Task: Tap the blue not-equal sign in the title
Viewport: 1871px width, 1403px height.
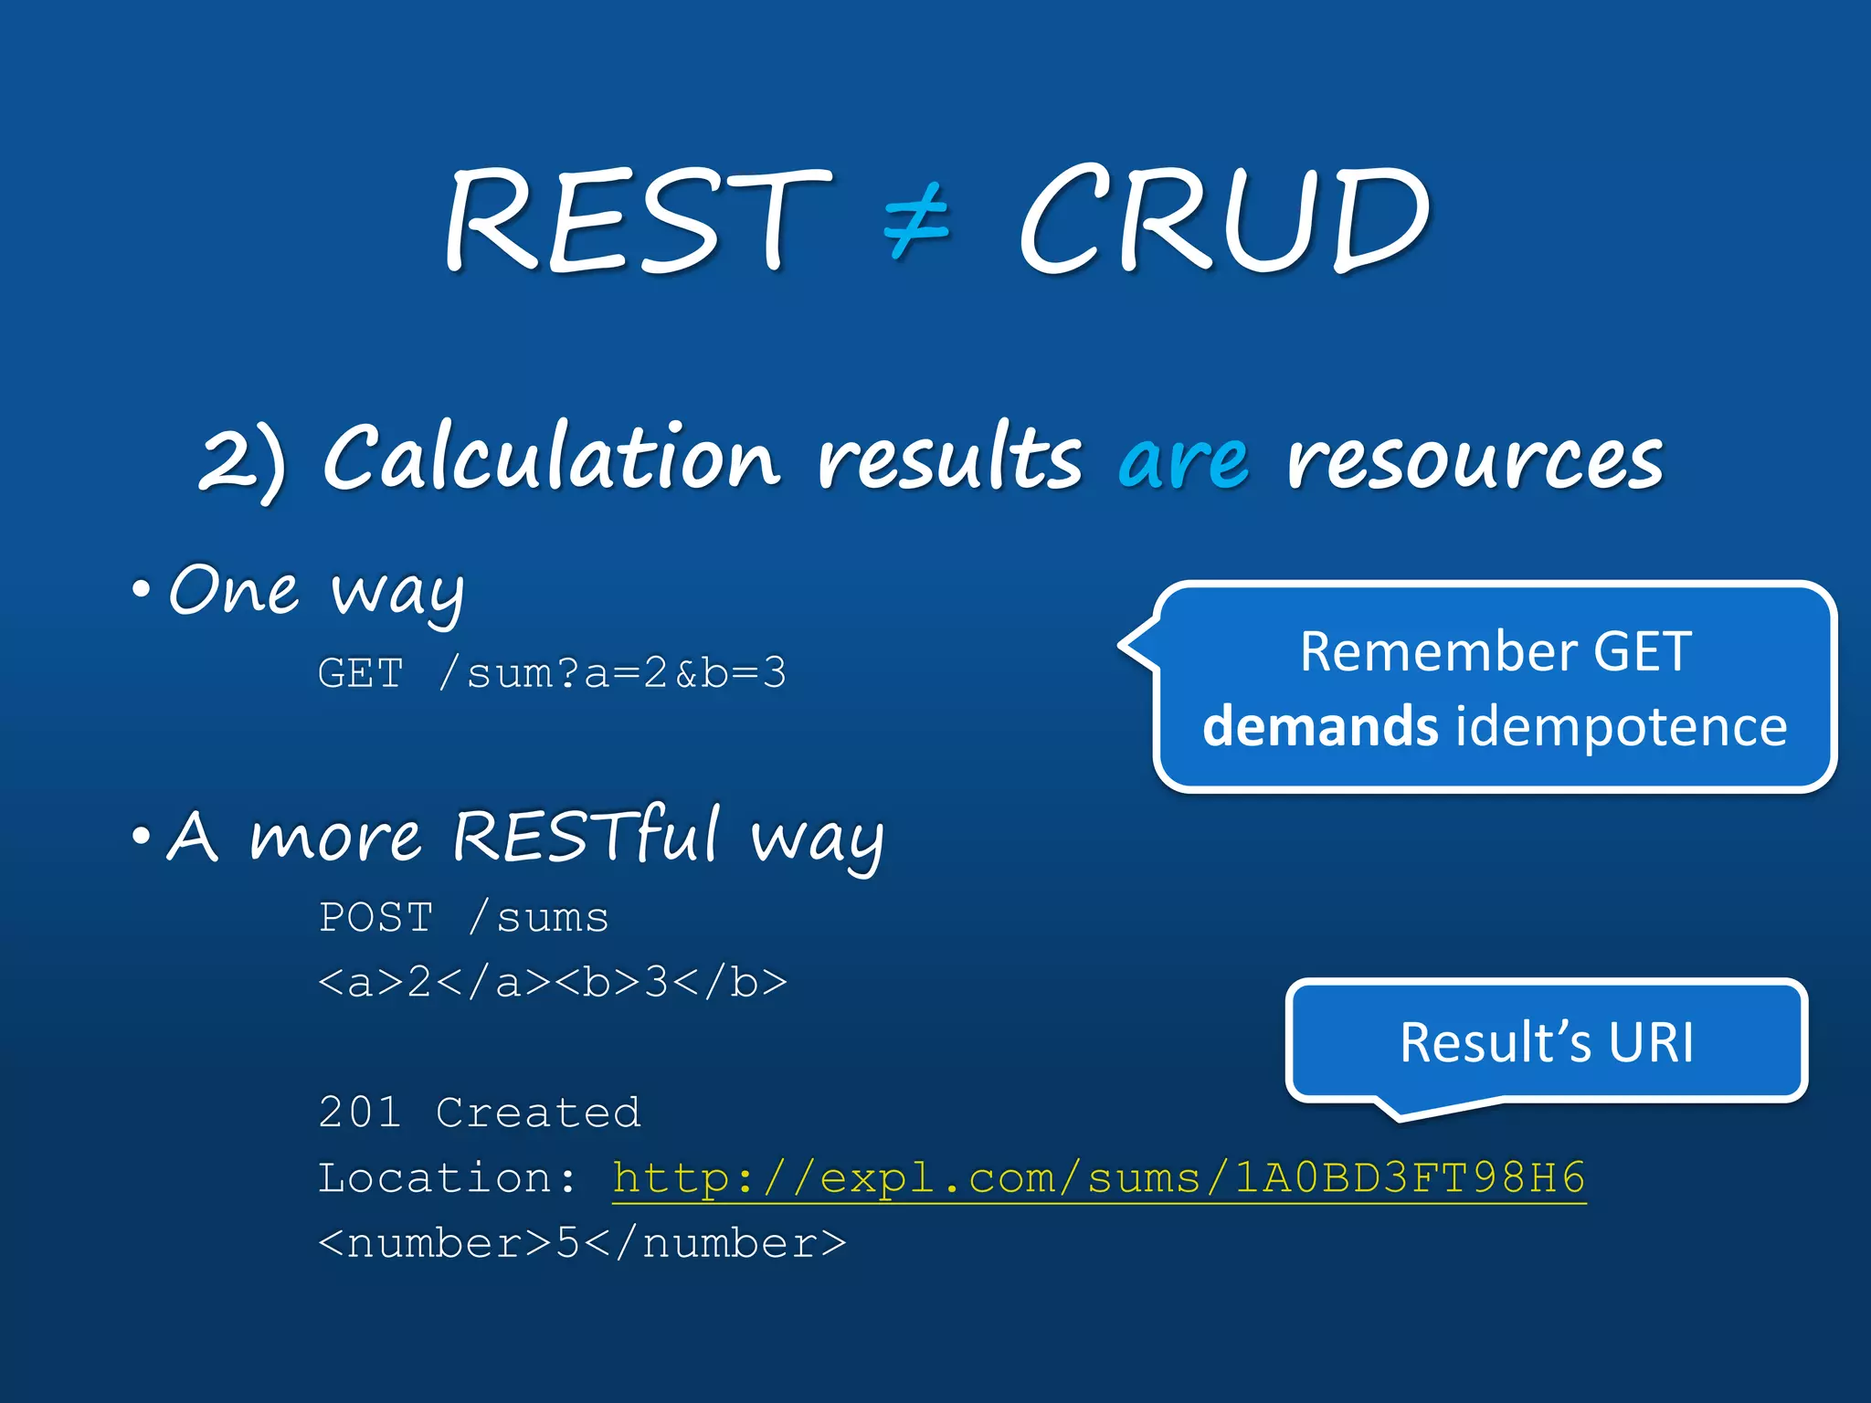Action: coord(917,220)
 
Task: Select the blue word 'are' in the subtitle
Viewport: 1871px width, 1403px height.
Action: coord(1183,459)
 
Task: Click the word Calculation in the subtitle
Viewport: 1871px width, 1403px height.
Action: coord(552,457)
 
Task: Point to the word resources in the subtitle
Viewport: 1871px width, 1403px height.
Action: coord(1475,459)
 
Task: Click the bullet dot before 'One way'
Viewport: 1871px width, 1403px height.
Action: coord(141,590)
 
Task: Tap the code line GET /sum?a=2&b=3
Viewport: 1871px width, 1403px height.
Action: coord(552,674)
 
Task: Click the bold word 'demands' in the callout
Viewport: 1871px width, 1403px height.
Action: coord(1320,727)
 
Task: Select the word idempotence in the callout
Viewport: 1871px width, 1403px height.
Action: coord(1620,727)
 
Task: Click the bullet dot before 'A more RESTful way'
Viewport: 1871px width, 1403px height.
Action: coord(141,835)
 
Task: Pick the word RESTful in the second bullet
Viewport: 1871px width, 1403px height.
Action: coord(587,835)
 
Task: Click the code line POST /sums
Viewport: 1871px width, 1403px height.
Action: coord(463,918)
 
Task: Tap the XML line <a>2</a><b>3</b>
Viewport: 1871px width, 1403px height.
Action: coord(552,983)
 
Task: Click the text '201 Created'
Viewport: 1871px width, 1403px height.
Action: coord(480,1113)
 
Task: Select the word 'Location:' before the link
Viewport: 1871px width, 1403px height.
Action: coord(448,1178)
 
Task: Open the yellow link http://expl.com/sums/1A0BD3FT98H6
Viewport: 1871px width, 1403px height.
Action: coord(1099,1178)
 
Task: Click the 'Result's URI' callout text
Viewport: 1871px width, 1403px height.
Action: coord(1546,1042)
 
